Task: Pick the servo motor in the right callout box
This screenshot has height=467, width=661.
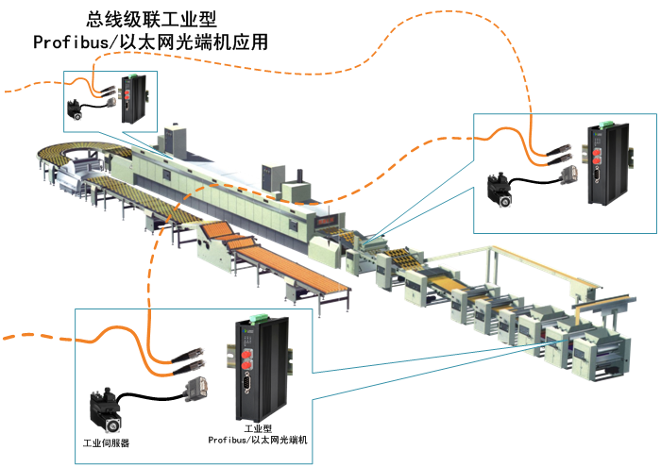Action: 500,188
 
